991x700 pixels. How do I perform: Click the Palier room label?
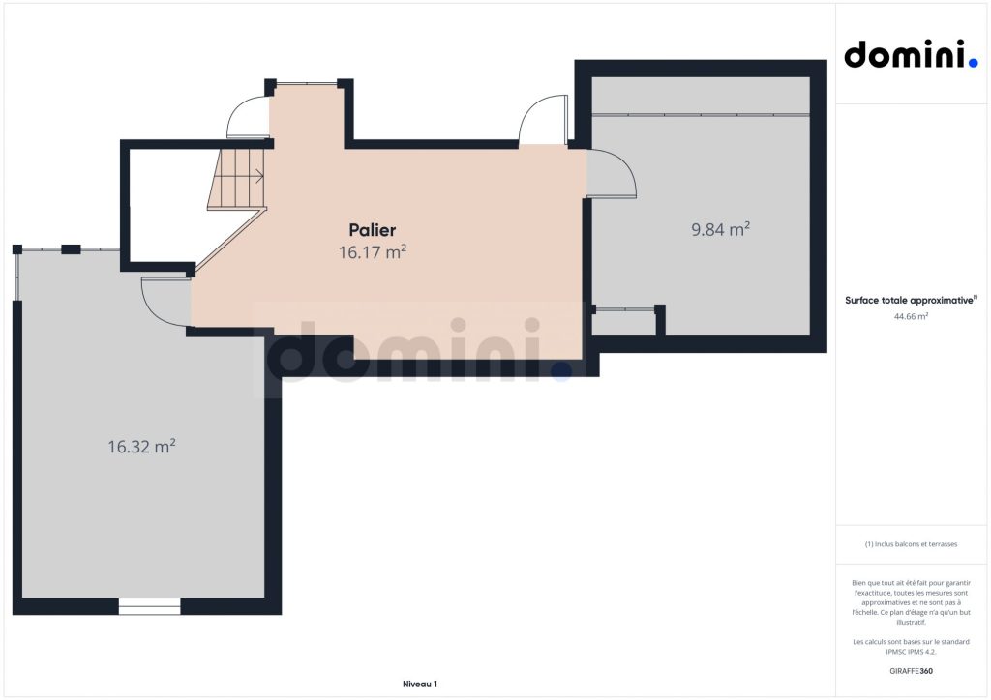(373, 230)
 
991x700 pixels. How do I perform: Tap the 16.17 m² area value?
(373, 251)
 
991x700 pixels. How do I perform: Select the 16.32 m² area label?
(141, 447)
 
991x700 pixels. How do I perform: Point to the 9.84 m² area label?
(720, 229)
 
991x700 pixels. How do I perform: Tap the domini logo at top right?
(911, 54)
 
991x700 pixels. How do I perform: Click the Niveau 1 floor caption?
(420, 685)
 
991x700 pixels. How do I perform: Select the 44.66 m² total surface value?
(911, 317)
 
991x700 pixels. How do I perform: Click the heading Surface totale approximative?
(911, 301)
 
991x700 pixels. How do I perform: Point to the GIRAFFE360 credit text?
(911, 671)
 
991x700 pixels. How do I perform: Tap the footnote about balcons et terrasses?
(911, 544)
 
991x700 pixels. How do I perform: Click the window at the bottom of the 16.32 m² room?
(150, 606)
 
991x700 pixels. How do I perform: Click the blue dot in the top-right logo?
(974, 63)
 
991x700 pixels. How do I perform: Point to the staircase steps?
(237, 178)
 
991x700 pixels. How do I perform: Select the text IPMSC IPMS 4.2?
(911, 652)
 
